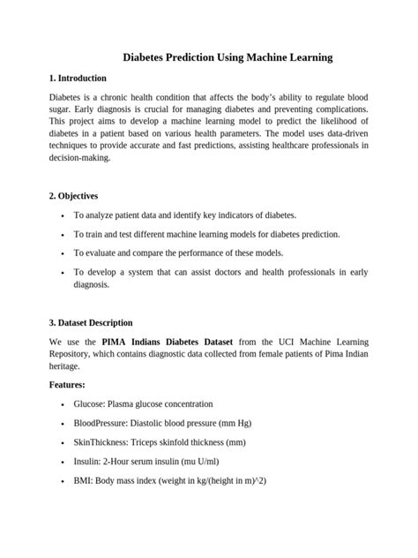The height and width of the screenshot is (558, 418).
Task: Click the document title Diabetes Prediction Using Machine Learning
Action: (x=209, y=57)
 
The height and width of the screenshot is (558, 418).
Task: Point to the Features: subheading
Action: (x=67, y=385)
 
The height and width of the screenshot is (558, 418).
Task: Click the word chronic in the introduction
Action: (x=123, y=95)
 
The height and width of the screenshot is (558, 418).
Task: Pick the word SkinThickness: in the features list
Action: (x=105, y=441)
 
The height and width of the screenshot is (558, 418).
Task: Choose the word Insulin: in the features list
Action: (x=89, y=461)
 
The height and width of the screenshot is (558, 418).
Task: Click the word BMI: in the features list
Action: (x=84, y=480)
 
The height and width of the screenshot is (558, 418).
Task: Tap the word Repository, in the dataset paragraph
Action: (x=73, y=353)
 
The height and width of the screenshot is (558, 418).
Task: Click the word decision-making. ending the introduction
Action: (x=79, y=157)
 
